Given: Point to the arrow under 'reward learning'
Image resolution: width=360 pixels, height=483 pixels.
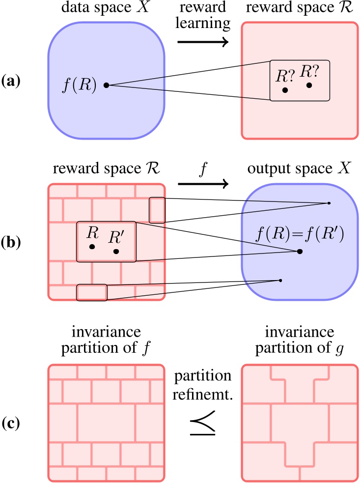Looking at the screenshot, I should [203, 42].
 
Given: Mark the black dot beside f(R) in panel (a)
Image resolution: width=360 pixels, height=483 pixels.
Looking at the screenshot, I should [106, 85].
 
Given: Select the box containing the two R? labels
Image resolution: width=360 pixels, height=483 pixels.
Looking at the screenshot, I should [299, 81].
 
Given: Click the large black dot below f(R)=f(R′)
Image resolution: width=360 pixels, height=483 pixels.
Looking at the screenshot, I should [299, 251].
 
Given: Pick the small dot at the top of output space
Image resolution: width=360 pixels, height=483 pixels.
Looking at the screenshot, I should [329, 203].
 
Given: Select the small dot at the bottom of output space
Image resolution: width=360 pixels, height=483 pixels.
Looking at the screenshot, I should [280, 281].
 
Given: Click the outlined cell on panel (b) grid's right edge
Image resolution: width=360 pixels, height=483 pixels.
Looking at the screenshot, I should [157, 210].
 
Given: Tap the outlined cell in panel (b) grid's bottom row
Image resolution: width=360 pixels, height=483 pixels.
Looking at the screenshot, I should [92, 292].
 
